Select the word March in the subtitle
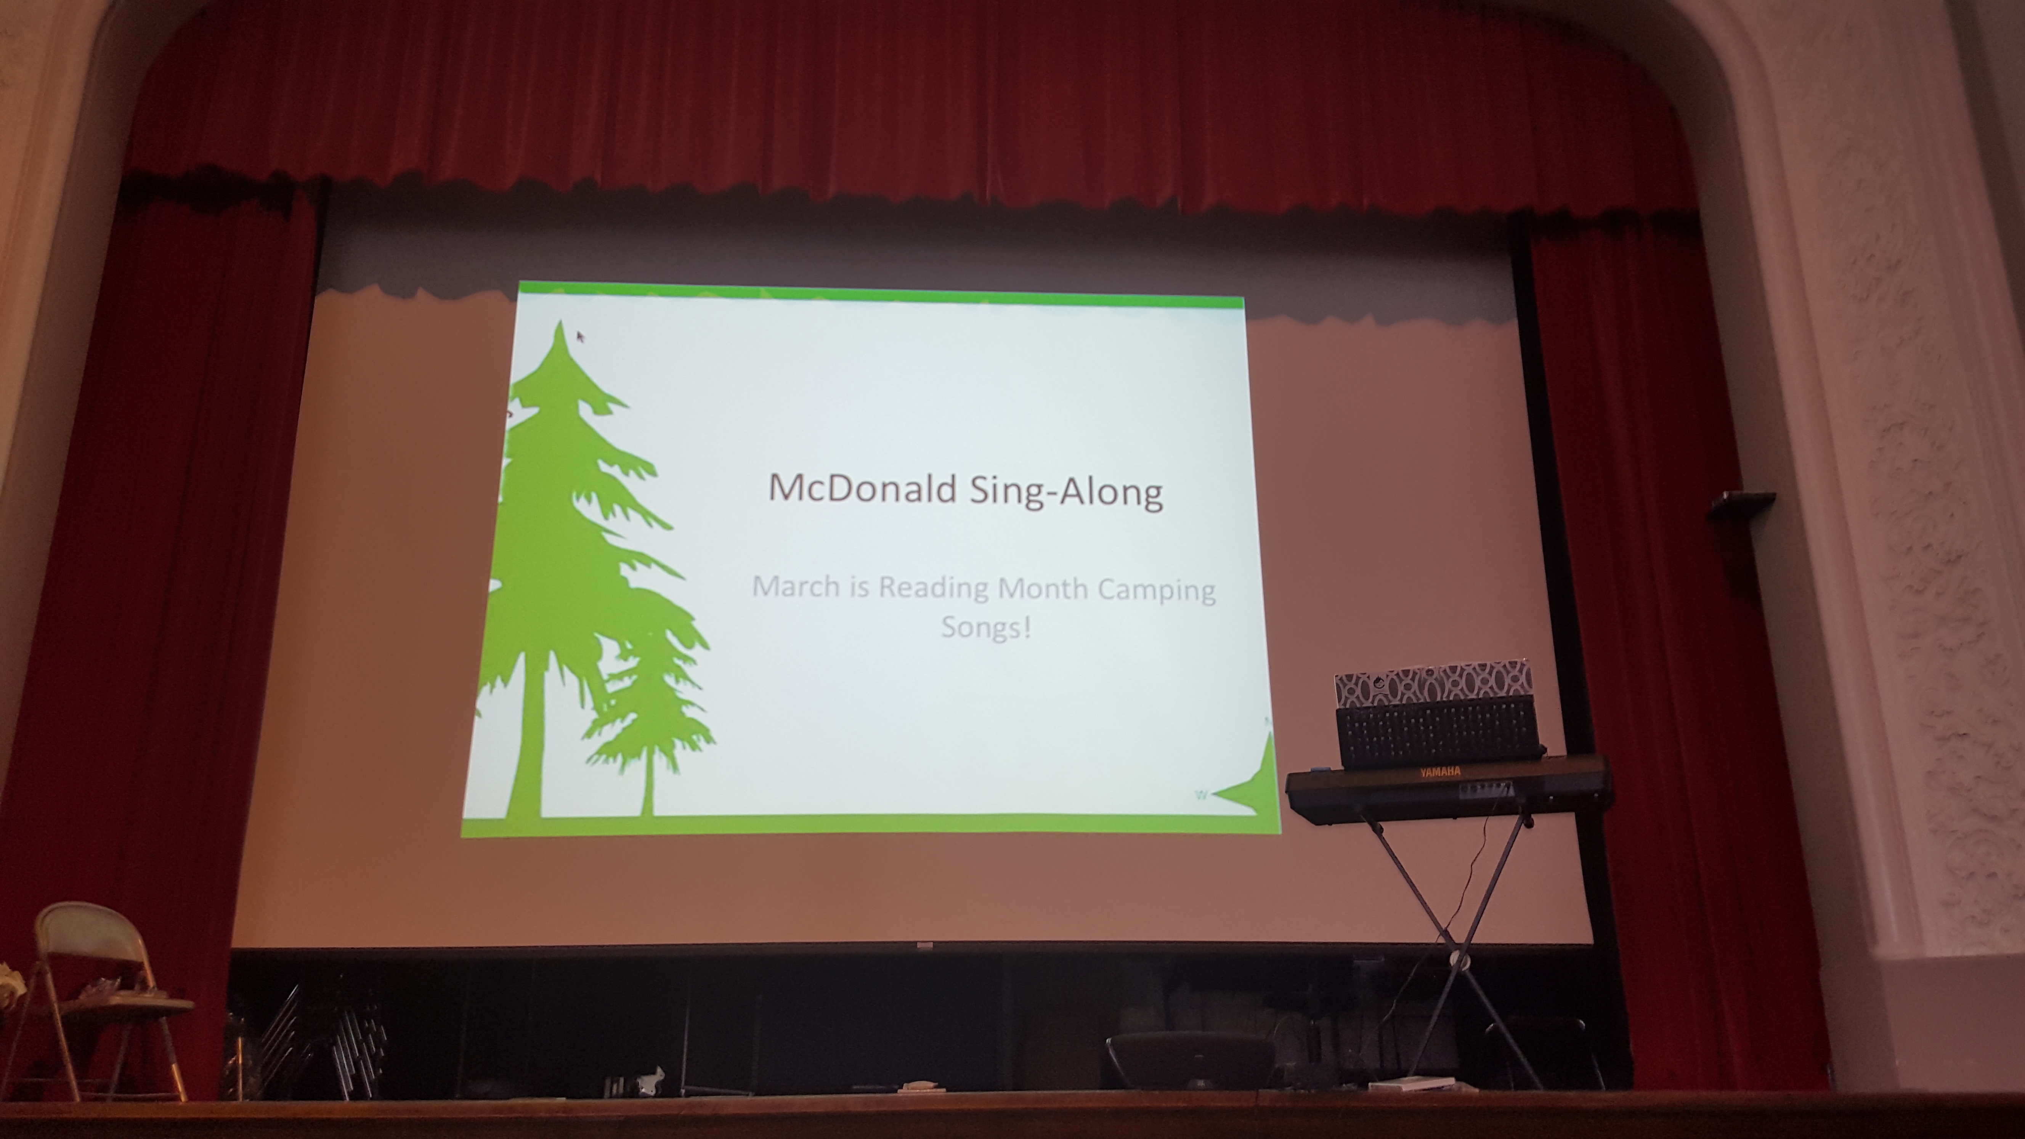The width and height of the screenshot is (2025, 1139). click(x=796, y=586)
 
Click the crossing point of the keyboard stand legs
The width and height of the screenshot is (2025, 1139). click(x=1448, y=933)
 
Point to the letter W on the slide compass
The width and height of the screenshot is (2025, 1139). click(x=1200, y=796)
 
